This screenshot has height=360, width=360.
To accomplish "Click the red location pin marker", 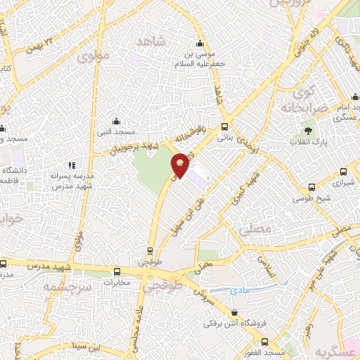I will [x=181, y=166].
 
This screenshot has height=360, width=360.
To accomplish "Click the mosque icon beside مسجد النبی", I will [x=117, y=121].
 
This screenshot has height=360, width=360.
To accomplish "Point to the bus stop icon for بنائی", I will [x=224, y=127].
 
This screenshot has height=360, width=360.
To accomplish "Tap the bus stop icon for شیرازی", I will [x=343, y=172].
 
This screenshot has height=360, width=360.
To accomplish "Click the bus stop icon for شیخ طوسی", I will [x=312, y=187].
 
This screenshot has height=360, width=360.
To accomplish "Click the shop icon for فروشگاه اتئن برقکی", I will [x=235, y=312].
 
